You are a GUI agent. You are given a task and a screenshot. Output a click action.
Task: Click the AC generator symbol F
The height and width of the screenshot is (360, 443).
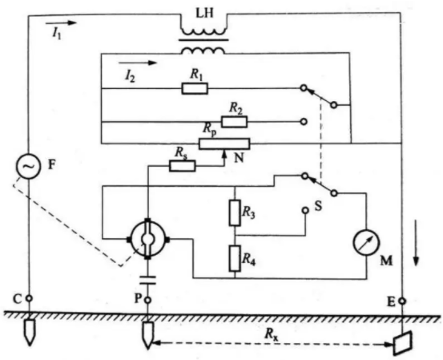click(28, 166)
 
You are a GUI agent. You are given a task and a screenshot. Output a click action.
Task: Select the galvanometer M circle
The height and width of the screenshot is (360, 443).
click(366, 243)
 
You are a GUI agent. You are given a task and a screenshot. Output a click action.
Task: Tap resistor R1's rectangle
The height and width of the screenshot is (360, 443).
click(195, 88)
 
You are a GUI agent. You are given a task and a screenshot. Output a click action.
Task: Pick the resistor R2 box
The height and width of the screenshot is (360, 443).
click(234, 122)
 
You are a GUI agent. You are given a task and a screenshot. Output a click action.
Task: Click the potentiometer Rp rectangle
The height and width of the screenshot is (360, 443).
click(224, 144)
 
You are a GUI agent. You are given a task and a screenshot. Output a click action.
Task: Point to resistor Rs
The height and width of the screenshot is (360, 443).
click(182, 166)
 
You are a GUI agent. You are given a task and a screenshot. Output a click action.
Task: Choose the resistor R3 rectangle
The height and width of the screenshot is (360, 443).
click(235, 212)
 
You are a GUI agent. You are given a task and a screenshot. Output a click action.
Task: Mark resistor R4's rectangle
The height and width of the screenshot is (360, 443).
click(235, 258)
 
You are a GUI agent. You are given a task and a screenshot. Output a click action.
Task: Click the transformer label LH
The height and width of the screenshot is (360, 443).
click(204, 14)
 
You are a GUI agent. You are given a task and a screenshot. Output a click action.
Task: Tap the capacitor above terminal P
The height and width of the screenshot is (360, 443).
click(147, 280)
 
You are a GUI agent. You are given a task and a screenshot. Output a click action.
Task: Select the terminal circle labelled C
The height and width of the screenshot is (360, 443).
click(29, 298)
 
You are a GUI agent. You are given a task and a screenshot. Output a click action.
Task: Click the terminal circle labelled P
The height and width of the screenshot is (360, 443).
click(147, 300)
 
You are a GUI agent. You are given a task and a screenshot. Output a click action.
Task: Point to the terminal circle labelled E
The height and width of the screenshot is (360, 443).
click(402, 301)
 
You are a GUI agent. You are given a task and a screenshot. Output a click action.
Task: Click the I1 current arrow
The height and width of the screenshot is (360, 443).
click(61, 22)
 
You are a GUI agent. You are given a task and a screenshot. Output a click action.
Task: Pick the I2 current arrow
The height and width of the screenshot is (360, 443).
click(137, 63)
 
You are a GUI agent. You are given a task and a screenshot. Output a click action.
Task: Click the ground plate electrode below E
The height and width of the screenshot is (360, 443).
click(403, 343)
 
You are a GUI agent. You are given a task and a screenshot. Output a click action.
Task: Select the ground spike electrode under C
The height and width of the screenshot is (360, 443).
click(29, 332)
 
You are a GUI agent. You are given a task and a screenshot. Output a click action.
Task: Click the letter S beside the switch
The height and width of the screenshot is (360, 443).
click(318, 206)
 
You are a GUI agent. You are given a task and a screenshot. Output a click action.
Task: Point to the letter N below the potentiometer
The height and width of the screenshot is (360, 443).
click(239, 158)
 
